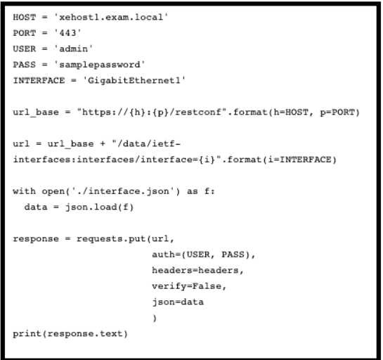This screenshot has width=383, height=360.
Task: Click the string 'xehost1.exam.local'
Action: click(111, 17)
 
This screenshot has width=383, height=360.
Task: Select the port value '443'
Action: click(67, 33)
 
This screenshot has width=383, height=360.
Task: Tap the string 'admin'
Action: click(74, 49)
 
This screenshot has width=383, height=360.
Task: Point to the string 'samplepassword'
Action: click(100, 65)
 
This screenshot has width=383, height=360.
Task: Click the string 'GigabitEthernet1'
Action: click(134, 80)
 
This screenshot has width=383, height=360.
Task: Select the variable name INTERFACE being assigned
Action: click(39, 80)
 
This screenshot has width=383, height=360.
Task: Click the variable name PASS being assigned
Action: click(25, 65)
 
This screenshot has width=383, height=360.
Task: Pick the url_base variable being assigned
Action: click(36, 112)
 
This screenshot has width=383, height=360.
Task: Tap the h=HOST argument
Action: click(291, 112)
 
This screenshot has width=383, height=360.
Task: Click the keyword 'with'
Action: click(25, 191)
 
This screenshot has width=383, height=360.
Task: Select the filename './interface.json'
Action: click(123, 191)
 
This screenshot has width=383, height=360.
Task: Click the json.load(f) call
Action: click(99, 207)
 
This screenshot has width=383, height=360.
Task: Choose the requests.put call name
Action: click(111, 238)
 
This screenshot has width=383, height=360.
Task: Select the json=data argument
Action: click(178, 302)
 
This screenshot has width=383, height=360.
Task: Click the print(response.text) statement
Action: click(70, 333)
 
